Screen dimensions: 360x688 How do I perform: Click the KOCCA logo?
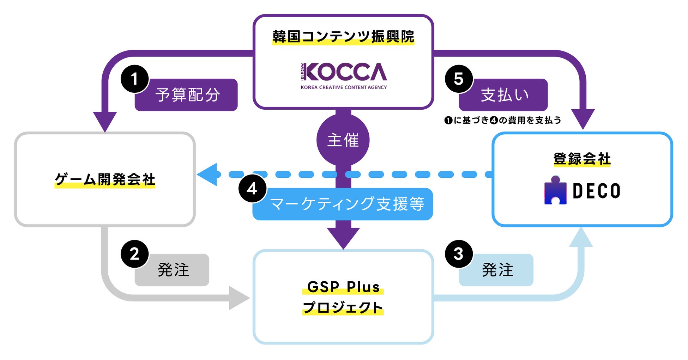(344, 75)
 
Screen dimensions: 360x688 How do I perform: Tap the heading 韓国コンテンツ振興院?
(343, 37)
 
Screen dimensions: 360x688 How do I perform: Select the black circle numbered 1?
(134, 79)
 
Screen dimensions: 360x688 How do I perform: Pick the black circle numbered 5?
(458, 79)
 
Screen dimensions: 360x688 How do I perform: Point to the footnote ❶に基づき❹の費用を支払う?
(502, 121)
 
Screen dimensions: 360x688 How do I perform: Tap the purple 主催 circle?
(343, 140)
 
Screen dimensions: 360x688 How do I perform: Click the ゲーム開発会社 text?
(105, 179)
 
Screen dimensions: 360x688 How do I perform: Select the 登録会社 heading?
(582, 159)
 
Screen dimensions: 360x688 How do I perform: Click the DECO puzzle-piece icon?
(555, 190)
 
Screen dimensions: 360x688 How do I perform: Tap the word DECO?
(596, 191)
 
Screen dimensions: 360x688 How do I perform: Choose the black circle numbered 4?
(252, 189)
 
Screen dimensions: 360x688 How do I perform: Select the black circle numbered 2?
(134, 254)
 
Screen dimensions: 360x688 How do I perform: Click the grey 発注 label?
(173, 270)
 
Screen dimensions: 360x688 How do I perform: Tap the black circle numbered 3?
(458, 254)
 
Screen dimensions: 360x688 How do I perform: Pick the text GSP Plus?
(343, 287)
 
